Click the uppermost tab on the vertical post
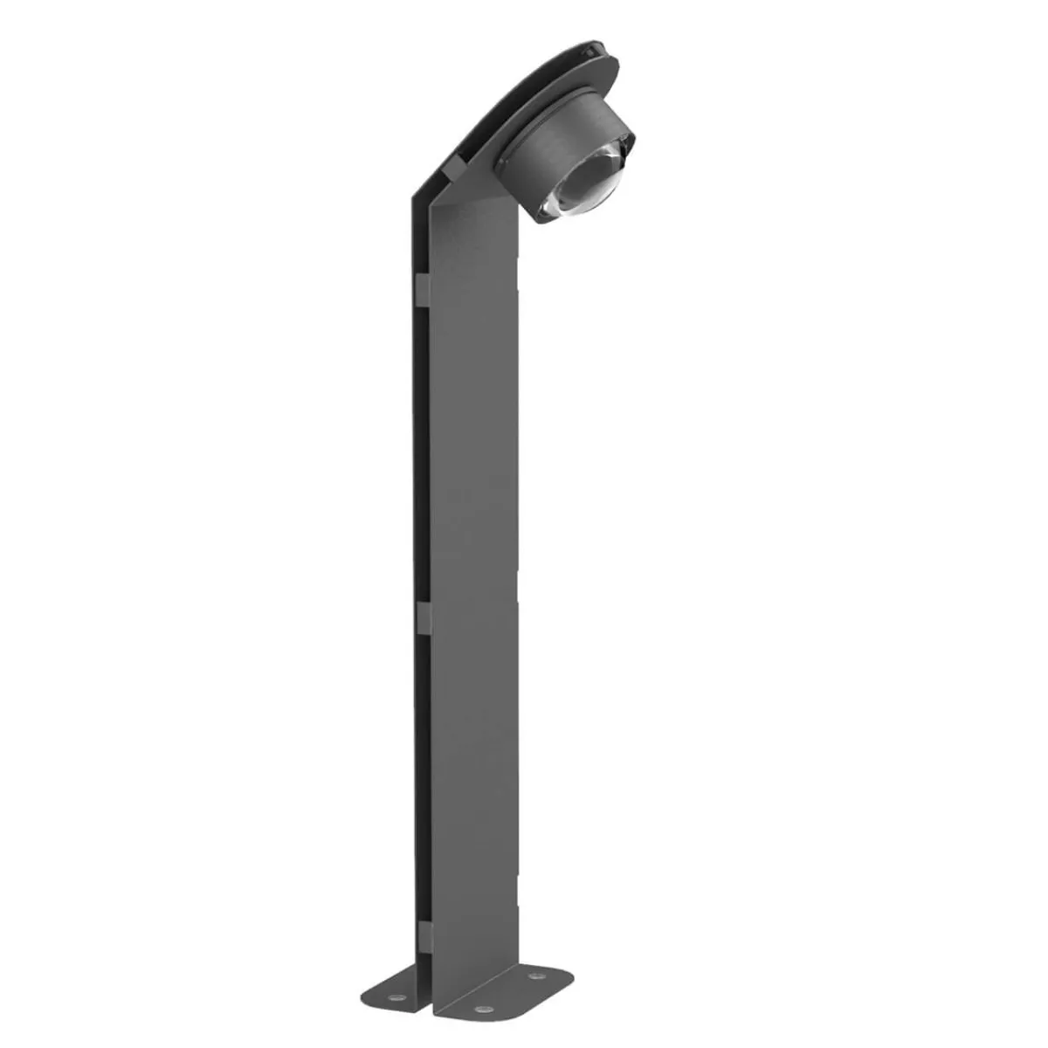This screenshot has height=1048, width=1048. pos(421,290)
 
